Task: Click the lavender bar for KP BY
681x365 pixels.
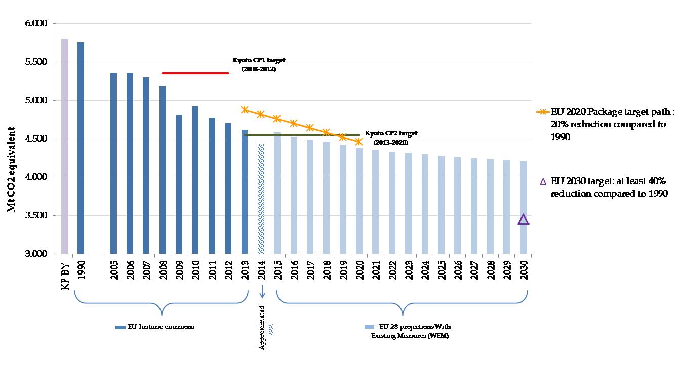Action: [x=64, y=147]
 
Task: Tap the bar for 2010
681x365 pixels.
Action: [x=195, y=180]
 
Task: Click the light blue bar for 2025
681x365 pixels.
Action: [x=442, y=205]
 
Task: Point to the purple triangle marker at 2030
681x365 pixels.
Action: [x=523, y=219]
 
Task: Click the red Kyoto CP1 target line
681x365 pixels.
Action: [x=195, y=73]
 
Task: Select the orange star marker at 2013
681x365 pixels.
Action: [x=245, y=110]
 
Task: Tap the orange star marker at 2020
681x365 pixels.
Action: [x=359, y=141]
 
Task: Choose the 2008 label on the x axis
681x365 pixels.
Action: [x=163, y=269]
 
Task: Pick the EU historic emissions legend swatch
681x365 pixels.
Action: [x=120, y=327]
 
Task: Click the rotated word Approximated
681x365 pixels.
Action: [x=262, y=328]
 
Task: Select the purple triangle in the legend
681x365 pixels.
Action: [x=543, y=181]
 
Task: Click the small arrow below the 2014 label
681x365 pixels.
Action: [x=262, y=291]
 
